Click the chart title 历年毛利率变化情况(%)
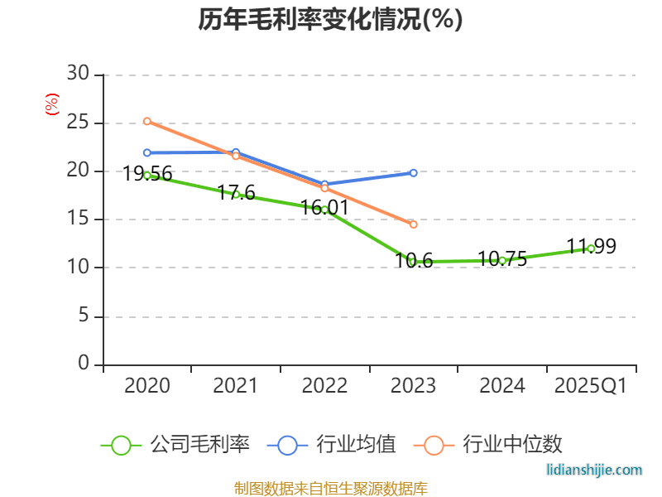(x=330, y=20)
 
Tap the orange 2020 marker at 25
(x=147, y=121)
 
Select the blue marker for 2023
(x=413, y=172)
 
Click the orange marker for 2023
(x=413, y=224)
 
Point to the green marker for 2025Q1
(x=591, y=248)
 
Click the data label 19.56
(x=147, y=174)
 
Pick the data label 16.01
(x=324, y=208)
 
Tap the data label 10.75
(x=502, y=259)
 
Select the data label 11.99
(x=591, y=247)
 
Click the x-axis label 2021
(x=236, y=386)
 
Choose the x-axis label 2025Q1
(x=591, y=386)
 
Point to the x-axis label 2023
(x=413, y=386)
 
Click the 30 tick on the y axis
(x=79, y=75)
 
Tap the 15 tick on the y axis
(x=79, y=220)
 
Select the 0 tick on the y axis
(x=84, y=364)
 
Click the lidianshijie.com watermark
(x=594, y=470)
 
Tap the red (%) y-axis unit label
(x=52, y=104)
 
